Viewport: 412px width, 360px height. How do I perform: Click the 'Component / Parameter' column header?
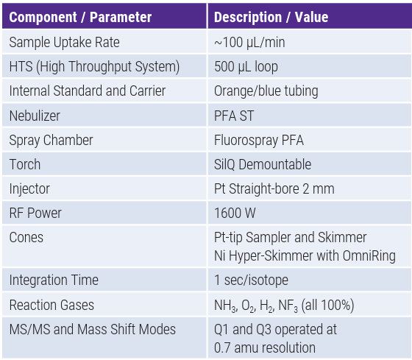[x=80, y=18]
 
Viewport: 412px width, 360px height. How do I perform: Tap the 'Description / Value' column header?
[x=271, y=18]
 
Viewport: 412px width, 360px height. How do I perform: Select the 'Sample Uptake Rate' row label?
[x=65, y=43]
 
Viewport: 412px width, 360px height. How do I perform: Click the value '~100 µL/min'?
[x=249, y=43]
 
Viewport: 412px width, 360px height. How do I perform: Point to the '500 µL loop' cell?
[x=246, y=66]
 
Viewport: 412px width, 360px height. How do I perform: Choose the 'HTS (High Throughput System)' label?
[x=94, y=66]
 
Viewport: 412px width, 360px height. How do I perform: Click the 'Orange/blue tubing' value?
[x=266, y=91]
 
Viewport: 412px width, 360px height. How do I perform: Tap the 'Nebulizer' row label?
[x=35, y=116]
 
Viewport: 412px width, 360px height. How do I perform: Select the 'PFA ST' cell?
[x=234, y=116]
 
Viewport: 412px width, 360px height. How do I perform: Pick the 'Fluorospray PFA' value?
[x=259, y=140]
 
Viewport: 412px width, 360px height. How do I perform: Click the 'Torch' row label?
[x=25, y=164]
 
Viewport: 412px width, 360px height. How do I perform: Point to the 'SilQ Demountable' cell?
[x=263, y=164]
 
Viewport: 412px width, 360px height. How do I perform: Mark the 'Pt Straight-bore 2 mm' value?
[x=274, y=188]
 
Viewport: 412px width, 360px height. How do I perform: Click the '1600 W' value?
[x=235, y=213]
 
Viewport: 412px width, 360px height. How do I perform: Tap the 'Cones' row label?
[x=26, y=238]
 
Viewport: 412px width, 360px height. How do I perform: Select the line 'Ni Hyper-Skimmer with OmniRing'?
[x=305, y=256]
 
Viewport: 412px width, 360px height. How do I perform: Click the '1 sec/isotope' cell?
[x=251, y=280]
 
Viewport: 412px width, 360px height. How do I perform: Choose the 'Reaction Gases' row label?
[x=51, y=305]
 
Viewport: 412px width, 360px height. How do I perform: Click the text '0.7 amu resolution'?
[x=265, y=347]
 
